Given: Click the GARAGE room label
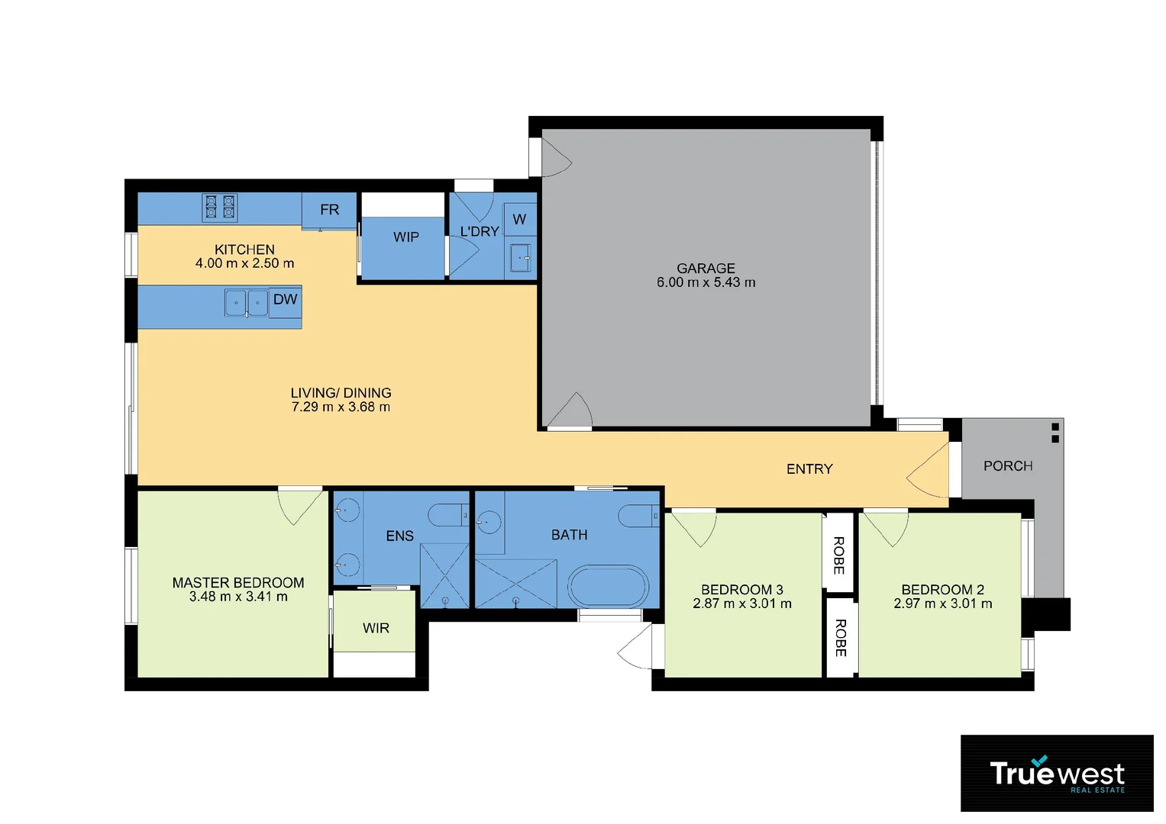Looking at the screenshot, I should [x=706, y=269].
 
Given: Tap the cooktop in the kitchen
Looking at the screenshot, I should [x=219, y=208].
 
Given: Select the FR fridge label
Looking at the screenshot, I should [x=329, y=210].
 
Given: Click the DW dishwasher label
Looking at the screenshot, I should [x=285, y=300].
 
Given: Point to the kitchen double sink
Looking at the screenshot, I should [x=247, y=303].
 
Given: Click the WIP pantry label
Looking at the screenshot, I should [x=405, y=237].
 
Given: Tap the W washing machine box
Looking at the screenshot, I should [x=519, y=220].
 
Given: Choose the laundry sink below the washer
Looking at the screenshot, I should [x=522, y=257].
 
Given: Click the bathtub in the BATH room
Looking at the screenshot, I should [x=608, y=587].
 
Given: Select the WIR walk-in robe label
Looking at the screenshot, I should [x=376, y=628].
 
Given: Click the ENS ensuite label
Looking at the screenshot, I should [x=399, y=536].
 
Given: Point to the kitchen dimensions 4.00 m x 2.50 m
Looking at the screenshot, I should [x=244, y=263].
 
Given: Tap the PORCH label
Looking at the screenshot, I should [x=1008, y=466].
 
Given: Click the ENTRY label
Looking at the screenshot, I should [x=809, y=469].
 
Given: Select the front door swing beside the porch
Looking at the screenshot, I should [x=929, y=474].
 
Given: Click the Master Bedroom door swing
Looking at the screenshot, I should [x=299, y=506].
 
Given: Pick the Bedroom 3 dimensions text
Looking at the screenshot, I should [x=742, y=604].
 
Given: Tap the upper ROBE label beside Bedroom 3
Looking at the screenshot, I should [x=838, y=555].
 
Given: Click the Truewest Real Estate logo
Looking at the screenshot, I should [x=1057, y=774].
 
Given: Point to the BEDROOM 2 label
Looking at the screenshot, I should [x=942, y=590].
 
